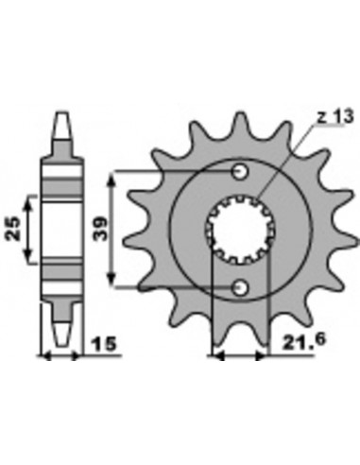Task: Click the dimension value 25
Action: click(x=14, y=229)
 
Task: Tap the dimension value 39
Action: click(x=100, y=229)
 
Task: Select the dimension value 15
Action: click(x=104, y=344)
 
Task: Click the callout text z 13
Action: click(x=335, y=117)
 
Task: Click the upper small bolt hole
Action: click(x=240, y=172)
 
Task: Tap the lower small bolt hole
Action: click(x=240, y=287)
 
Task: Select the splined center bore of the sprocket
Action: click(x=241, y=230)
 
